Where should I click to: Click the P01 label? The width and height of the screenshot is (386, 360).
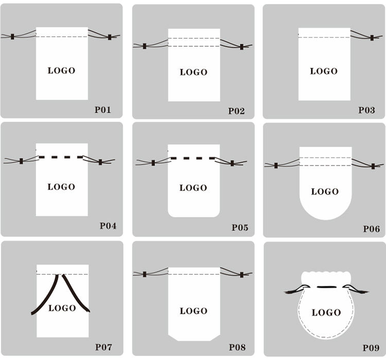click(102, 110)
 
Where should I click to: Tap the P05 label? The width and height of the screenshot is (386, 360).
click(240, 228)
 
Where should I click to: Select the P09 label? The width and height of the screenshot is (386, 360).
click(371, 348)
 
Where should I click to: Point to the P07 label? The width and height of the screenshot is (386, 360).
click(103, 347)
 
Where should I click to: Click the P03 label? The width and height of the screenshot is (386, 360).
click(366, 110)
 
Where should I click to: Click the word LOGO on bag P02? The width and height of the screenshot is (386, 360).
click(194, 73)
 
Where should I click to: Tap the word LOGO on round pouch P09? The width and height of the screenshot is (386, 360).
click(326, 313)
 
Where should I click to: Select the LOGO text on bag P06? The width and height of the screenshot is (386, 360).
click(325, 192)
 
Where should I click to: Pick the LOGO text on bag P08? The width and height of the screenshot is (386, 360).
click(194, 311)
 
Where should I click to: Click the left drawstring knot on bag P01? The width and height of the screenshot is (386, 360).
click(12, 37)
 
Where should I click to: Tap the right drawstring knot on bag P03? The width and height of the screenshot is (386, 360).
click(372, 38)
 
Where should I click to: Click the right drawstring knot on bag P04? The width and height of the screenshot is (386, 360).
click(100, 162)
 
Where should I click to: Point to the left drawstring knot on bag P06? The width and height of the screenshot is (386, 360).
click(276, 166)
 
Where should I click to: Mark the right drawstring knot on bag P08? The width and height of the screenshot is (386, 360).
click(242, 275)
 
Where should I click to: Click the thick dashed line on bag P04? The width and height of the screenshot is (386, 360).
click(61, 157)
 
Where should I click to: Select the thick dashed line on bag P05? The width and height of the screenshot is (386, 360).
click(193, 158)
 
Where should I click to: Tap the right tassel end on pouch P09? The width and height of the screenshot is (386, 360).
click(364, 292)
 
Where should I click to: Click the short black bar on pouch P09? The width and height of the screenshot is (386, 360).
click(326, 287)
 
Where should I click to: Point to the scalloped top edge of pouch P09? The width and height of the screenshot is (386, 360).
click(325, 273)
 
